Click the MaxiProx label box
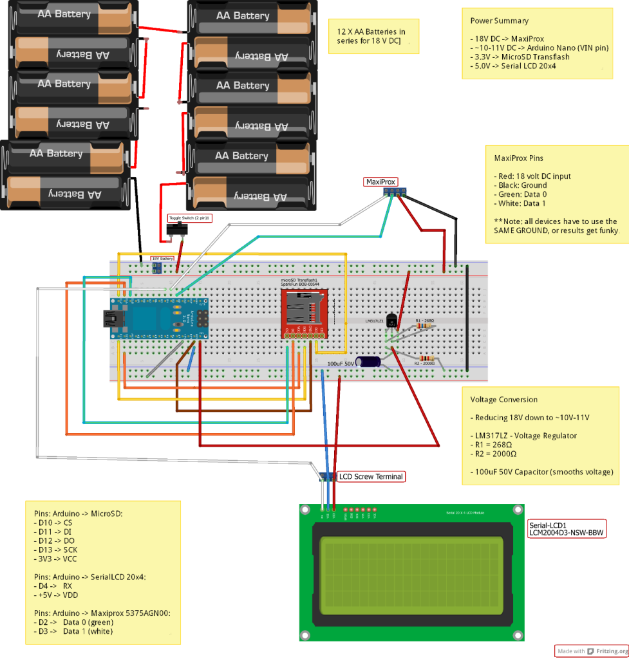coord(380,182)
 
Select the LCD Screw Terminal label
coord(371,477)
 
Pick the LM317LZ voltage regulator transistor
coord(391,326)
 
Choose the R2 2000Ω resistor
coord(426,358)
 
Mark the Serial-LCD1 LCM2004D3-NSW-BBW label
coord(567,528)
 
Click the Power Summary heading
coord(498,21)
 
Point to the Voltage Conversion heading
coord(503,399)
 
